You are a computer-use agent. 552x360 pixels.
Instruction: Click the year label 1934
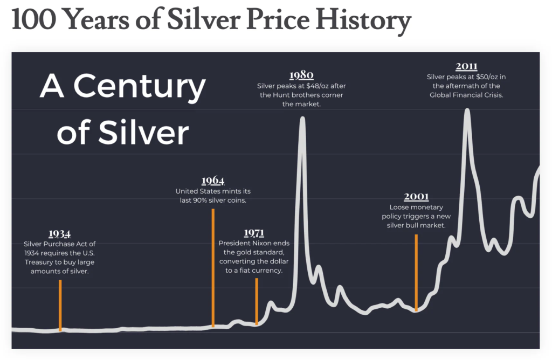point(59,233)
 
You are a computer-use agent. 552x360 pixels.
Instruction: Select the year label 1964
point(212,181)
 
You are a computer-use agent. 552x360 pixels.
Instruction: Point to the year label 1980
point(301,75)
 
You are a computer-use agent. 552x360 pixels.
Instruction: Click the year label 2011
point(466,67)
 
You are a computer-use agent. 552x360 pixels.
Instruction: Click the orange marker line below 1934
point(60,304)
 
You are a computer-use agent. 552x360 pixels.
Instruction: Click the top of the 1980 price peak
point(302,119)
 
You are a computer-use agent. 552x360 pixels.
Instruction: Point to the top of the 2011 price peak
point(467,110)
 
